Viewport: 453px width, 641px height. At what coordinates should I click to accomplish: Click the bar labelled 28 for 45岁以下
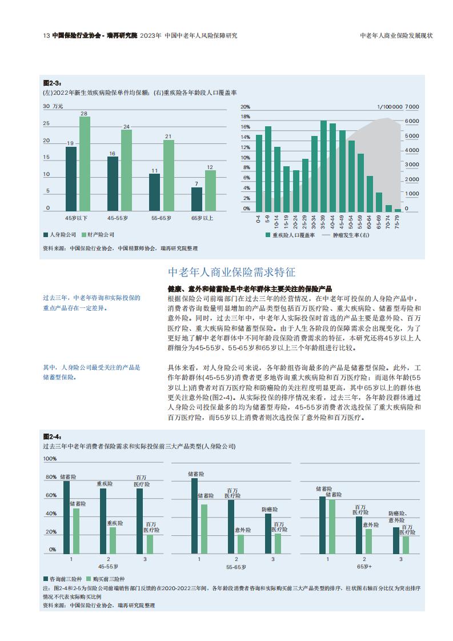pyautogui.click(x=85, y=164)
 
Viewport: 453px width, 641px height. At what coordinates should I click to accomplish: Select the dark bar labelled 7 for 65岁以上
pyautogui.click(x=197, y=199)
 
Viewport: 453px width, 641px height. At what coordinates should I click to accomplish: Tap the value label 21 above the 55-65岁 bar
pyautogui.click(x=169, y=137)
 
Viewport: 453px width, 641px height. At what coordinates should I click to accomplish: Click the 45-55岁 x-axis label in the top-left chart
pyautogui.click(x=118, y=218)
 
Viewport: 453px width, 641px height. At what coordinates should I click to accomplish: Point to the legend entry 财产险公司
pyautogui.click(x=98, y=235)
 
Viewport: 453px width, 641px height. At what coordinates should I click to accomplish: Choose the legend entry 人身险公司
pyautogui.click(x=59, y=235)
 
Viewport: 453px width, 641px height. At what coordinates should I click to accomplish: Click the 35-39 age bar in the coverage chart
pyautogui.click(x=323, y=166)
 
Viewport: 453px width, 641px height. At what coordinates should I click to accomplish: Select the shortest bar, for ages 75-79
pyautogui.click(x=398, y=210)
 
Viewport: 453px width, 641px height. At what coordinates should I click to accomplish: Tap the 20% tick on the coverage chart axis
pyautogui.click(x=245, y=107)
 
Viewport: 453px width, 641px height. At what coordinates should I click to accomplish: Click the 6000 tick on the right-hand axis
pyautogui.click(x=412, y=121)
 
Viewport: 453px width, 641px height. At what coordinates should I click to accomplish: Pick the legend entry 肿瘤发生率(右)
pyautogui.click(x=346, y=235)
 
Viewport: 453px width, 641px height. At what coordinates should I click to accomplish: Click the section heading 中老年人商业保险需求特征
pyautogui.click(x=232, y=273)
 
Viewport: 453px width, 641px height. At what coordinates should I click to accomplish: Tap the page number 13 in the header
pyautogui.click(x=46, y=35)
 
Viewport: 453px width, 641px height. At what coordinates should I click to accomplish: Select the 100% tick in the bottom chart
pyautogui.click(x=50, y=459)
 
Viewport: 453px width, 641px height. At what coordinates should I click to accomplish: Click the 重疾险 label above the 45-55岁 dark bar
pyautogui.click(x=105, y=484)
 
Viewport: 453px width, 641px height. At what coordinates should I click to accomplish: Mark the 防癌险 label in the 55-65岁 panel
pyautogui.click(x=270, y=510)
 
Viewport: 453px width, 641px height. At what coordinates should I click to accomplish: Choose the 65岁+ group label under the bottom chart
pyautogui.click(x=364, y=567)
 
